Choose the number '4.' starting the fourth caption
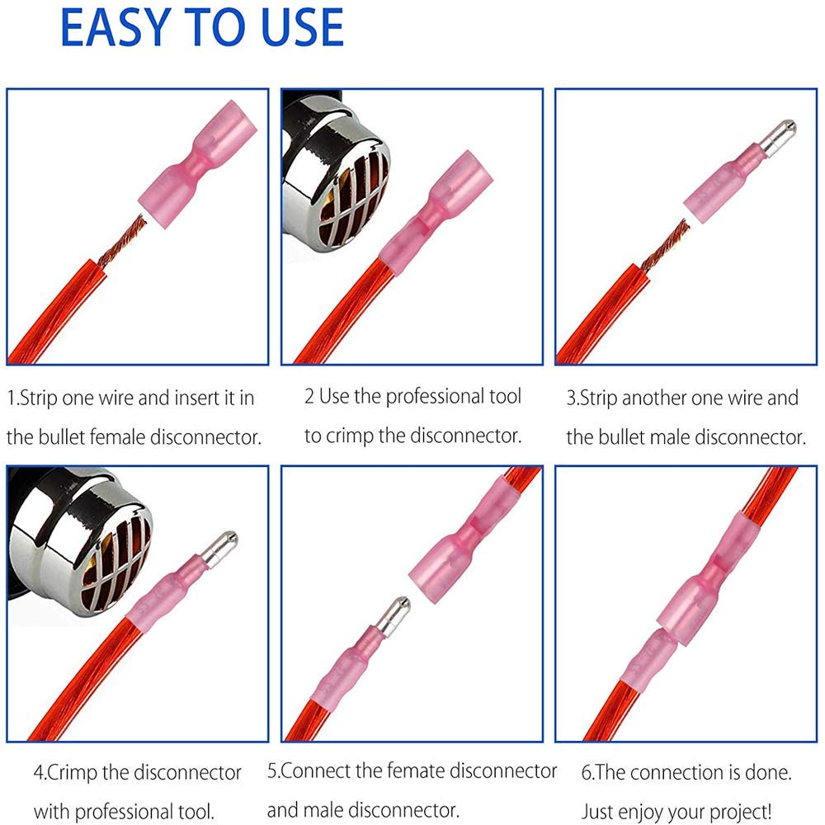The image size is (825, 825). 40,773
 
